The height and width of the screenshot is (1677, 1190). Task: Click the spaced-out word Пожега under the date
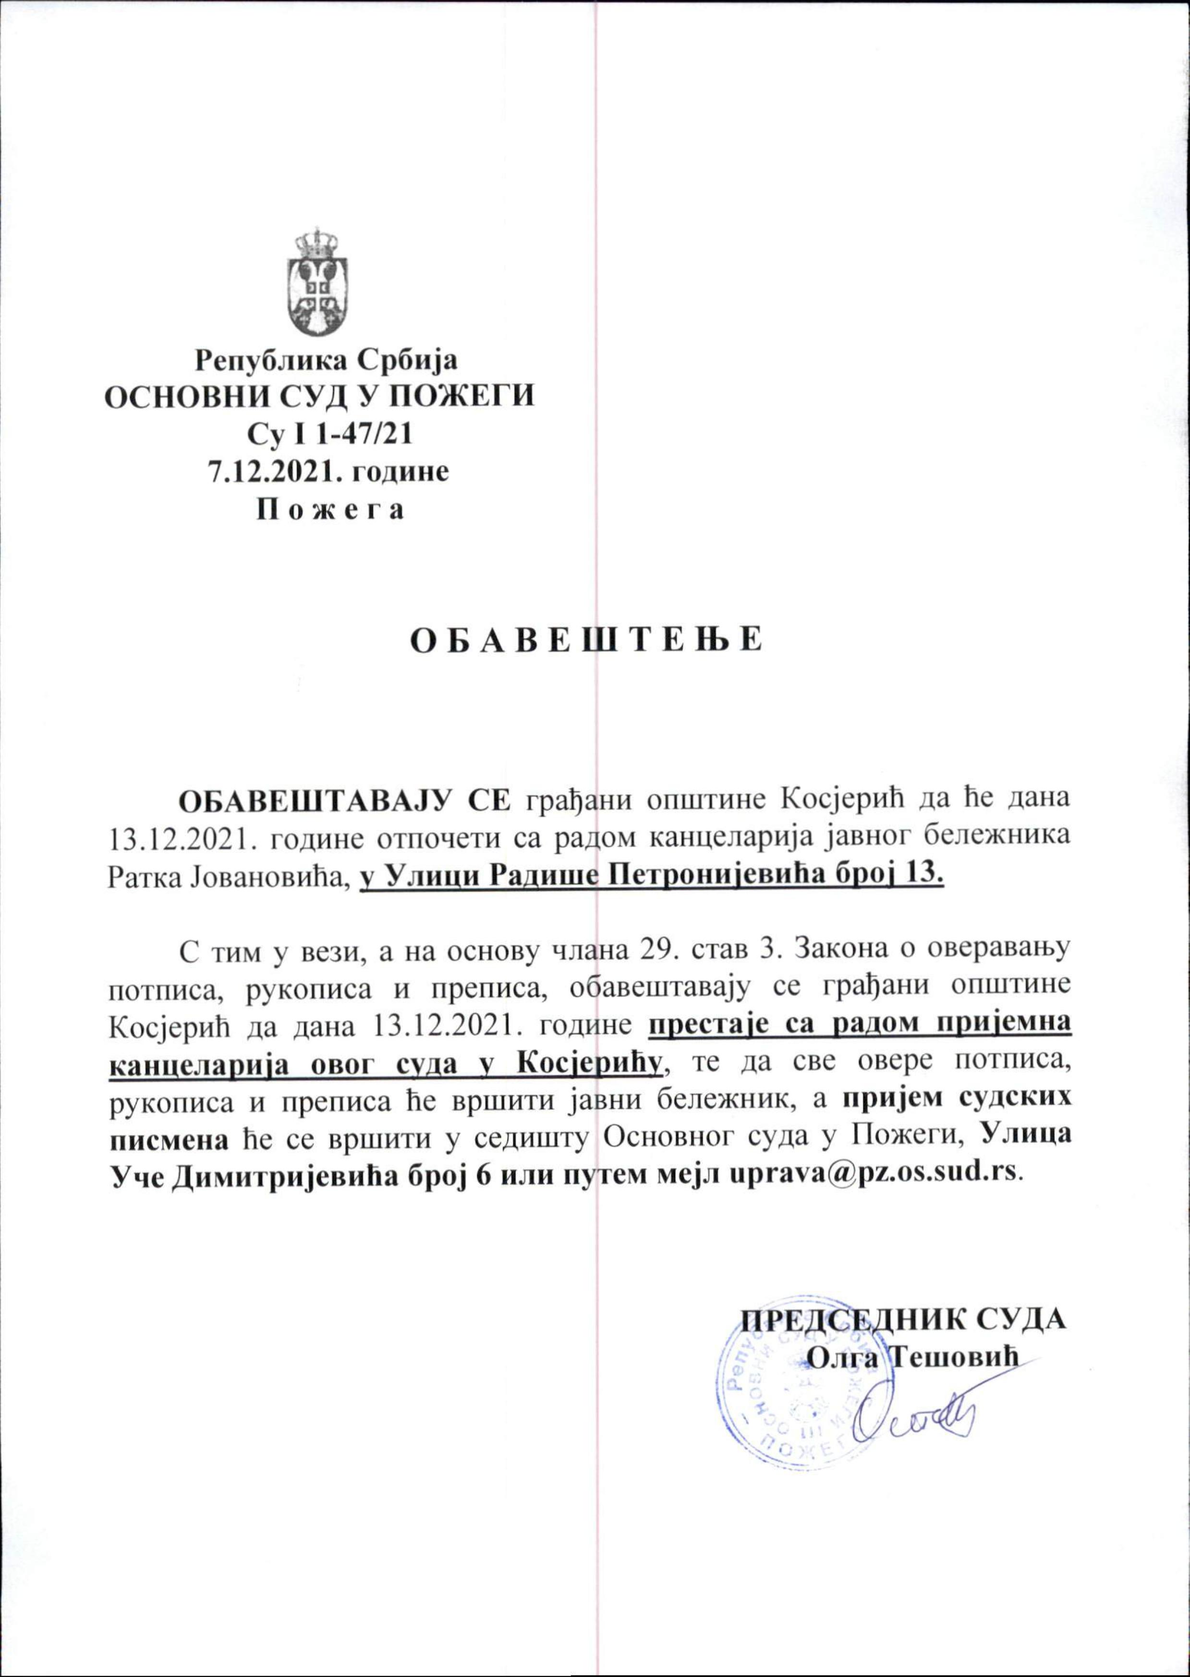click(x=328, y=509)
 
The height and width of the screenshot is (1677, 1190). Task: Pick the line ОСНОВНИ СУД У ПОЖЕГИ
click(x=320, y=397)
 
